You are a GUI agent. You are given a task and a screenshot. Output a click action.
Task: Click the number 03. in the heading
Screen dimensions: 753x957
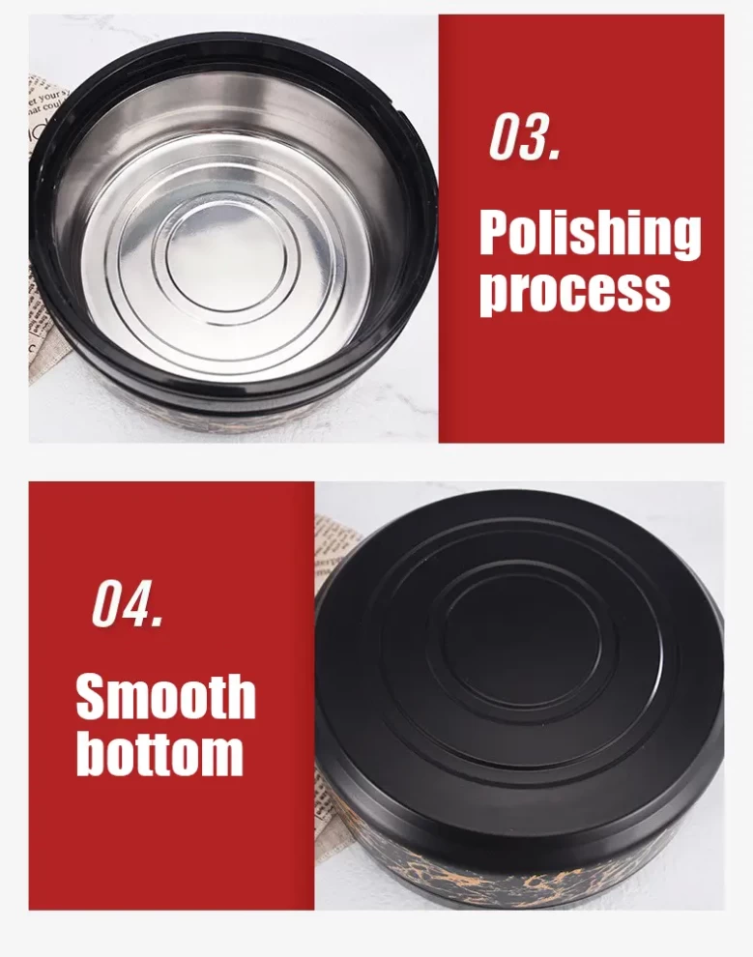pyautogui.click(x=525, y=137)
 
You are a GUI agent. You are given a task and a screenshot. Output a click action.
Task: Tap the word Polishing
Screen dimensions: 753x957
pyautogui.click(x=590, y=236)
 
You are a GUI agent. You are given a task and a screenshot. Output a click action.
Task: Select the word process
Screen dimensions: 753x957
pyautogui.click(x=574, y=292)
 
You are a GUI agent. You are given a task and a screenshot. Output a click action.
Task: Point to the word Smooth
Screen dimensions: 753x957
pyautogui.click(x=165, y=696)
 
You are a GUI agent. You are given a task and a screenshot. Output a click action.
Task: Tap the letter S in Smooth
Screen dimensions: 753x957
pyautogui.click(x=92, y=696)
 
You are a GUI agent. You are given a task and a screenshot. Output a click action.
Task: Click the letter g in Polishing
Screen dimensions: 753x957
pyautogui.click(x=684, y=241)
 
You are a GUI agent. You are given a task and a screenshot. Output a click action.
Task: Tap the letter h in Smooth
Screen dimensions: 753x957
pyautogui.click(x=239, y=695)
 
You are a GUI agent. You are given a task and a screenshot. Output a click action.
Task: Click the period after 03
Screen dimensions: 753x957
pyautogui.click(x=555, y=156)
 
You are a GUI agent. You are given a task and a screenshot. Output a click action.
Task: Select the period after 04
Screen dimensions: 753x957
pyautogui.click(x=159, y=622)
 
